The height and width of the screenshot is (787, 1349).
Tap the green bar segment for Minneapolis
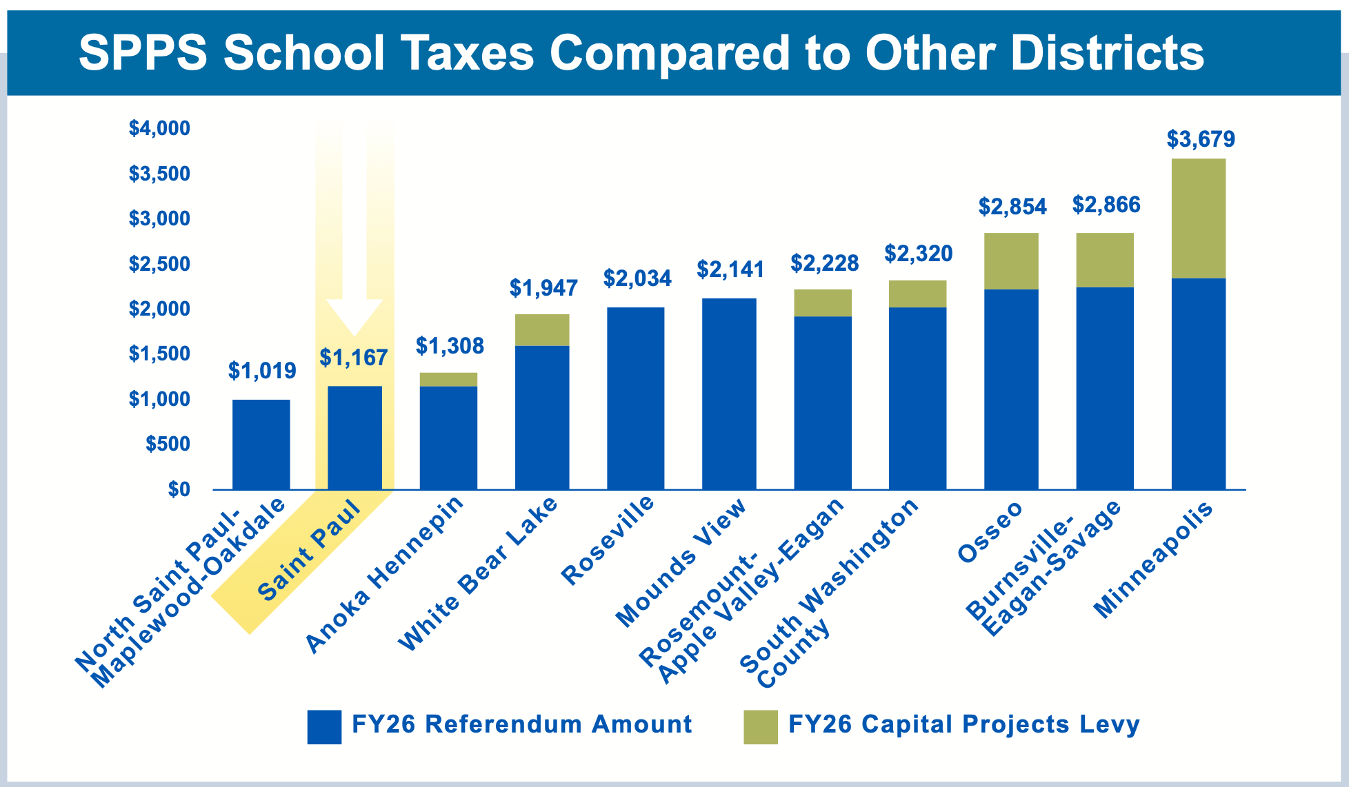pyautogui.click(x=1199, y=218)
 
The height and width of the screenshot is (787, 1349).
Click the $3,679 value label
pyautogui.click(x=1201, y=139)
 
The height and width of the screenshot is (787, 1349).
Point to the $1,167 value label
pyautogui.click(x=354, y=358)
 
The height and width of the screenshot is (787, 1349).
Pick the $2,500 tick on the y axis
pyautogui.click(x=159, y=264)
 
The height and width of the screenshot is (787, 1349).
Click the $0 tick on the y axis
pyautogui.click(x=179, y=489)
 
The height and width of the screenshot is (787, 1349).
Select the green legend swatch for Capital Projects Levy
pyautogui.click(x=760, y=727)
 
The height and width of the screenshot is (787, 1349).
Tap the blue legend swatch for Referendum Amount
pyautogui.click(x=324, y=727)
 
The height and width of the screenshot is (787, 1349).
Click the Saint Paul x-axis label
pyautogui.click(x=308, y=551)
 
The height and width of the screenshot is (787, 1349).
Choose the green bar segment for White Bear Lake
pyautogui.click(x=542, y=330)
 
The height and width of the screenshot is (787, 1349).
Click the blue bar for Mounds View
pyautogui.click(x=729, y=394)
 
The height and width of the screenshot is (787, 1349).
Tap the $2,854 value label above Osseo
pyautogui.click(x=1012, y=207)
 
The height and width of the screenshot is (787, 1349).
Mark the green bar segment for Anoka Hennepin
pyautogui.click(x=448, y=380)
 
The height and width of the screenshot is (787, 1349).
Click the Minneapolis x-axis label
pyautogui.click(x=1152, y=560)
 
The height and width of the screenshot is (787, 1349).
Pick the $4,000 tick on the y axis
pyautogui.click(x=159, y=128)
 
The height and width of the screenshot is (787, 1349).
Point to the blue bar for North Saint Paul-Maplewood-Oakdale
pyautogui.click(x=261, y=444)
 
